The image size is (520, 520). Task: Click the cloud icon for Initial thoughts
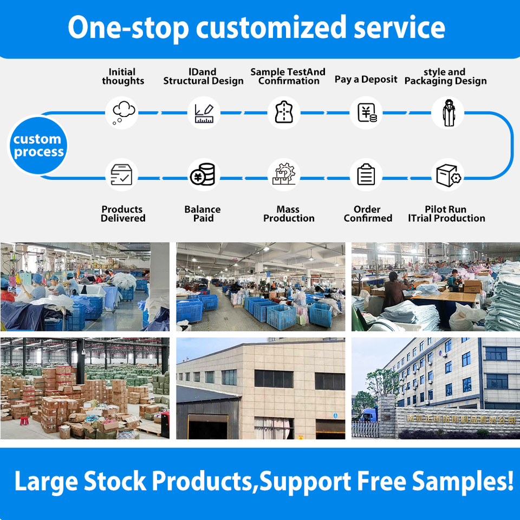click(122, 113)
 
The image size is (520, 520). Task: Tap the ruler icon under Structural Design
click(204, 113)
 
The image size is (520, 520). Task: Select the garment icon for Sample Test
click(284, 113)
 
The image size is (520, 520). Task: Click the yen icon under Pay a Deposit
click(366, 113)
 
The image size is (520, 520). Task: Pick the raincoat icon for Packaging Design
click(447, 113)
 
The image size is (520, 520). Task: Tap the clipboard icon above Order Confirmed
click(366, 175)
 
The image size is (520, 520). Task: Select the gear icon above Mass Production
click(284, 175)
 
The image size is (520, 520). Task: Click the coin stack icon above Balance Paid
click(203, 175)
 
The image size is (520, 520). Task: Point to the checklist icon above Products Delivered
click(121, 175)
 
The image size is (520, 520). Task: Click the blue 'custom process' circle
click(38, 146)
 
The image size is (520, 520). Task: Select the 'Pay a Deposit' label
click(366, 79)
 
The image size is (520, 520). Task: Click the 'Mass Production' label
click(289, 214)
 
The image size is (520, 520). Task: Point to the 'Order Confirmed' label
click(367, 214)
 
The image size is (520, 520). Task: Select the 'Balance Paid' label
click(203, 214)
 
